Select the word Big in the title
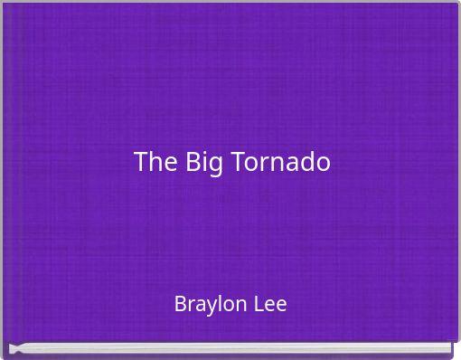click(204, 164)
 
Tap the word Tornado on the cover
click(281, 163)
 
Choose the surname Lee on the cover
click(268, 304)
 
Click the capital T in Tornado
click(239, 163)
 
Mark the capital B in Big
click(193, 163)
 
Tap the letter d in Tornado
click(307, 163)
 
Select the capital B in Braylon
click(180, 304)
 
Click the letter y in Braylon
click(210, 307)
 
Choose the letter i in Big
click(206, 163)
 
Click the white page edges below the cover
click(230, 348)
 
